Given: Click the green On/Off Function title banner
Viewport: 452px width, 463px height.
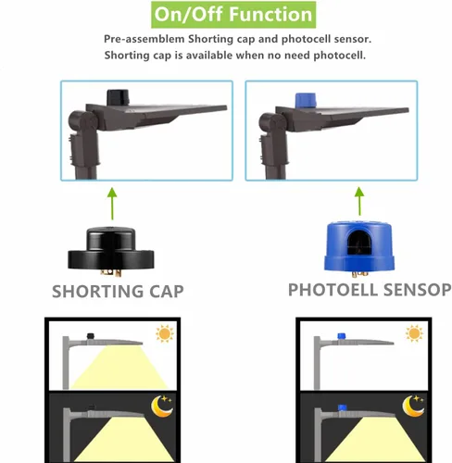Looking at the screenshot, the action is (x=233, y=15).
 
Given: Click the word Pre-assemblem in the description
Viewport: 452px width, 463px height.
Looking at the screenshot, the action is (x=144, y=39).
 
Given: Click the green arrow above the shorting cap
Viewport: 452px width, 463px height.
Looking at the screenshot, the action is (x=112, y=204).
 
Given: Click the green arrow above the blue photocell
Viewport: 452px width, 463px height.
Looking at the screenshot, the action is (x=359, y=201).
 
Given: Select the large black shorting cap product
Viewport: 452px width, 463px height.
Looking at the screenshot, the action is (x=111, y=251).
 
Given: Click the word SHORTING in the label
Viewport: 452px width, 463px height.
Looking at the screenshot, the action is (x=98, y=292).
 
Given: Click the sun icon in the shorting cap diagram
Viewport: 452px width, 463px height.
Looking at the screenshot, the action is (x=165, y=333).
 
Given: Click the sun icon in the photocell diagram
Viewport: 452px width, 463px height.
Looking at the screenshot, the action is (x=414, y=333).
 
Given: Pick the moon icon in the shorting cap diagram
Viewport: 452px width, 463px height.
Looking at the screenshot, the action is (x=162, y=406).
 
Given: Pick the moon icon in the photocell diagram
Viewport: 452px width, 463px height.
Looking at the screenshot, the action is (x=413, y=406).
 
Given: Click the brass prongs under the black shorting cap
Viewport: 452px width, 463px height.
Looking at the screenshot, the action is (x=110, y=271).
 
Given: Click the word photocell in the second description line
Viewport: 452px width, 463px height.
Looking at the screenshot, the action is (x=339, y=56).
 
